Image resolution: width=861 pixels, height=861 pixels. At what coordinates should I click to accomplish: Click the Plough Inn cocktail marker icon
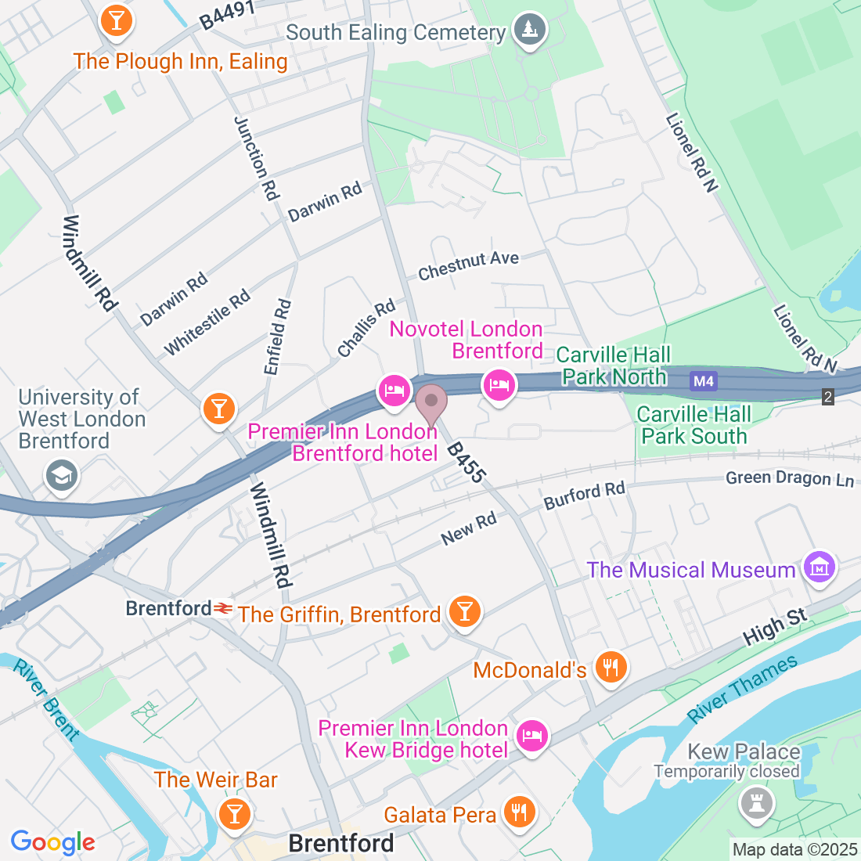(x=117, y=20)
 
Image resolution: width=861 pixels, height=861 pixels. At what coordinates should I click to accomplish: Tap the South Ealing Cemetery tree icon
(x=530, y=30)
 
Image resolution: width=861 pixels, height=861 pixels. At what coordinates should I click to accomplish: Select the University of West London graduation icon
(x=61, y=475)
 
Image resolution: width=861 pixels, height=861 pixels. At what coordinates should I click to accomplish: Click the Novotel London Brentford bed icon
(x=499, y=385)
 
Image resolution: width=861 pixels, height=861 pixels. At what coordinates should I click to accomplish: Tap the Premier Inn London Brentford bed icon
(x=394, y=390)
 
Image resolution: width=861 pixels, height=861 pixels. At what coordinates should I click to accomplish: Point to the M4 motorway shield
(x=703, y=381)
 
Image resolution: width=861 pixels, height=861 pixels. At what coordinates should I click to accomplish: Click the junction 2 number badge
(x=828, y=397)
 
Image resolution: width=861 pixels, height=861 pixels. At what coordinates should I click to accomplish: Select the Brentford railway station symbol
(x=224, y=608)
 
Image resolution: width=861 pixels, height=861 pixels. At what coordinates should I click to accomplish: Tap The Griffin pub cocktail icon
(x=465, y=611)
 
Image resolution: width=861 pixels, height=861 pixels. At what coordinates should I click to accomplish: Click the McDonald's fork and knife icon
(x=610, y=667)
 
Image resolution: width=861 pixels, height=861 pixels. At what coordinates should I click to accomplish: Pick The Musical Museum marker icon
(x=820, y=567)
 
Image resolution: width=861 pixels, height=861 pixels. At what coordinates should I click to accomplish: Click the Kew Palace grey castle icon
(x=756, y=804)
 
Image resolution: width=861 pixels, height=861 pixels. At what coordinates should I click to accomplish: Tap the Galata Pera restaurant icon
(x=518, y=812)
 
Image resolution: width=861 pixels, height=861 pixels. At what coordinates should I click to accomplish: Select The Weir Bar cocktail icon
(x=234, y=812)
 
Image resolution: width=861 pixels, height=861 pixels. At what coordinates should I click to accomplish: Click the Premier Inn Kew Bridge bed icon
(x=532, y=736)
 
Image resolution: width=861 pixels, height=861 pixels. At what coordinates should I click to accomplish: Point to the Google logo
(x=52, y=842)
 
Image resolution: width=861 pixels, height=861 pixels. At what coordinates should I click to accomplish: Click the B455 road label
(x=466, y=463)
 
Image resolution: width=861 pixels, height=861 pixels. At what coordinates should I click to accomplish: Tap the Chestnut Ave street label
(x=468, y=265)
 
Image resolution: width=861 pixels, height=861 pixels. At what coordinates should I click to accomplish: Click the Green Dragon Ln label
(x=789, y=478)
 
